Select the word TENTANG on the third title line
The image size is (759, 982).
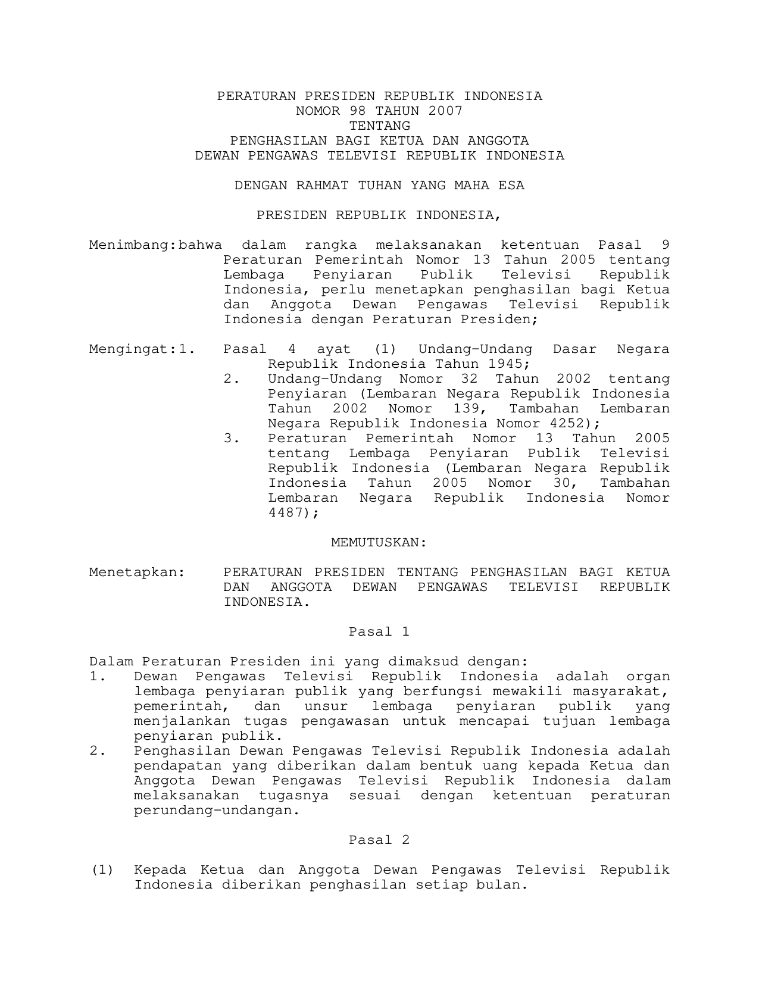pos(379,126)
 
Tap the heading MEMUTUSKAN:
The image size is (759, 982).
pos(379,543)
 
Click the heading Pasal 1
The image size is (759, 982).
pos(379,632)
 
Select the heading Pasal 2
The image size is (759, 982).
pos(379,840)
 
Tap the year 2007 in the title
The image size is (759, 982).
pos(445,111)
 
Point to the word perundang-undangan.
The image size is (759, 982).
pos(217,811)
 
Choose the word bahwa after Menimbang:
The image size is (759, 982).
pos(201,245)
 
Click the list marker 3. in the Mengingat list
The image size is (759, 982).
pos(232,439)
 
